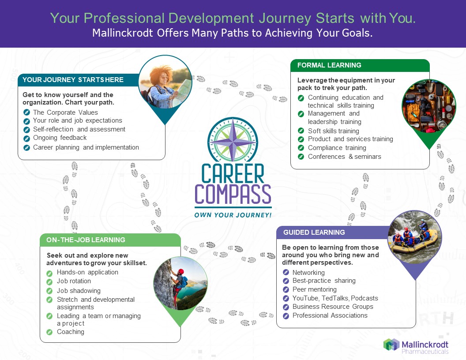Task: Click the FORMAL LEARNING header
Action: tap(329, 65)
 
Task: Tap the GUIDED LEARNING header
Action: tap(314, 232)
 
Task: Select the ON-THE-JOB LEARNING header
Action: tap(86, 240)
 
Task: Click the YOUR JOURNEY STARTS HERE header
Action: tap(73, 80)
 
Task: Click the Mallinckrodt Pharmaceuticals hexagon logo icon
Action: tap(391, 345)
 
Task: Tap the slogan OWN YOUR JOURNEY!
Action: tap(233, 215)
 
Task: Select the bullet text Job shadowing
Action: tap(79, 291)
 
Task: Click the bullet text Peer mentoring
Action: tap(315, 289)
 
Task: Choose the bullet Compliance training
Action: tap(337, 148)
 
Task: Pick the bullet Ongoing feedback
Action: tap(60, 138)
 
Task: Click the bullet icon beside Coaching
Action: tap(49, 332)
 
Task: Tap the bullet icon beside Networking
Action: tap(286, 272)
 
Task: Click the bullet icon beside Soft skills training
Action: tap(301, 131)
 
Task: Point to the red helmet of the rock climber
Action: tap(180, 271)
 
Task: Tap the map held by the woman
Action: tap(182, 89)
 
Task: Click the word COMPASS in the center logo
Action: tap(233, 194)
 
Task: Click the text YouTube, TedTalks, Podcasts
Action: tap(335, 298)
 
